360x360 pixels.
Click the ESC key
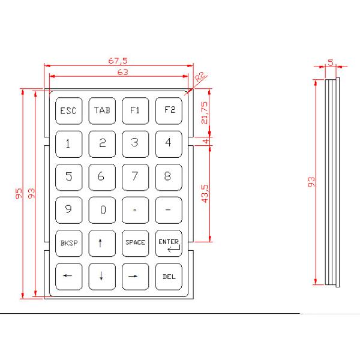click(x=68, y=110)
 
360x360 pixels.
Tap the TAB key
click(x=101, y=110)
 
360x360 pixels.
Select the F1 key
click(x=135, y=110)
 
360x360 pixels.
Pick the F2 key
click(x=169, y=110)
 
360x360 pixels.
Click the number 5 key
click(x=68, y=176)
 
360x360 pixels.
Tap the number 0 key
click(x=101, y=209)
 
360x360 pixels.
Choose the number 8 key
click(x=169, y=176)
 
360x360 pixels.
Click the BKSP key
click(x=68, y=242)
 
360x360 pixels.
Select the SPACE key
click(x=135, y=242)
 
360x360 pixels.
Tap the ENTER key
click(x=169, y=242)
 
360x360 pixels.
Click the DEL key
click(x=169, y=276)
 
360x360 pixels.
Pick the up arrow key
click(x=101, y=242)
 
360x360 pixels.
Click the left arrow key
click(x=68, y=276)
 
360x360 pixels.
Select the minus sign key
click(x=169, y=209)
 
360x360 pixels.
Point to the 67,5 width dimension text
click(x=118, y=61)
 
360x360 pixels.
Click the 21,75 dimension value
click(x=205, y=112)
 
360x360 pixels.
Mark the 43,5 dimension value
click(x=205, y=193)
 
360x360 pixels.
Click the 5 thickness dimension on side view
click(x=331, y=62)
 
